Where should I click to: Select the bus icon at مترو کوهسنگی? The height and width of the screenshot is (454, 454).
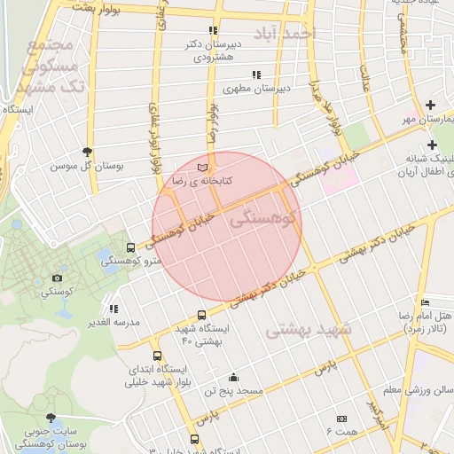click(130, 248)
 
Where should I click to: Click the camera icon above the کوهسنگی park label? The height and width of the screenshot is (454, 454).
click(59, 278)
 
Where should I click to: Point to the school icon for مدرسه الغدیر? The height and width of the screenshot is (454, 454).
click(113, 309)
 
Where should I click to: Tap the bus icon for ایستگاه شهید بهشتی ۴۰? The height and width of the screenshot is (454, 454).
click(201, 315)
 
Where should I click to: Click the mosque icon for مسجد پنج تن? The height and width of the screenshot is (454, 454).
click(232, 376)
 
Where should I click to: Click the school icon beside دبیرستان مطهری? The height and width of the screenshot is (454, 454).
click(256, 74)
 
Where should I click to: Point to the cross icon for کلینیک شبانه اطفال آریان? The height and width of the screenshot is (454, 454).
click(432, 144)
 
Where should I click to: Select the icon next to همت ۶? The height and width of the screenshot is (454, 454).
click(341, 418)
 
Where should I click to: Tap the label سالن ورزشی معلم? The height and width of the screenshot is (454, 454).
click(425, 389)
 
